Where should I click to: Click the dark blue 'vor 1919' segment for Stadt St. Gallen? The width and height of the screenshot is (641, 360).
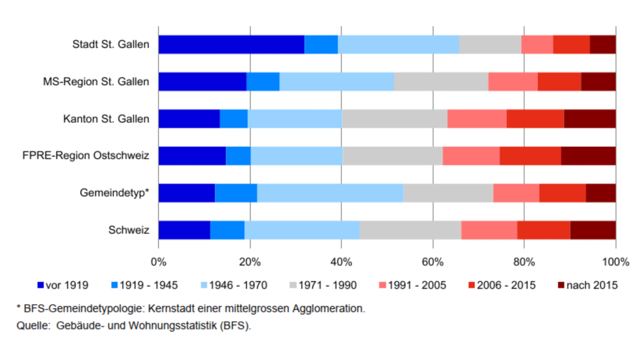[231, 45]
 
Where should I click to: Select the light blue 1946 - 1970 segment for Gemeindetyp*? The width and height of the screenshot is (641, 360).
[330, 193]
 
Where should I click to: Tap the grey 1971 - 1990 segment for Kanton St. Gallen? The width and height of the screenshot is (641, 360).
[394, 119]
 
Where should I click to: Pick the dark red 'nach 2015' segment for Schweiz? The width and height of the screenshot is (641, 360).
[593, 230]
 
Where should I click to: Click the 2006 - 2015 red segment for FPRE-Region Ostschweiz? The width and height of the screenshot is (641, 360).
[530, 156]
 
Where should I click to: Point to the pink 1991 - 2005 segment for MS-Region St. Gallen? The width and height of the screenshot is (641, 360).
[513, 82]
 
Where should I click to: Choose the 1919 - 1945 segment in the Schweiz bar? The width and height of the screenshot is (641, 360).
[227, 230]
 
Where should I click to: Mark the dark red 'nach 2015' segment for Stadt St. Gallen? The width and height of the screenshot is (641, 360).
[603, 45]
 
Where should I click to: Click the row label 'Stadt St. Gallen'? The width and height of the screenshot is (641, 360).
[111, 45]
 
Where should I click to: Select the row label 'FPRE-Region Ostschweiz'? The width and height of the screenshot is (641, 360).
[96, 156]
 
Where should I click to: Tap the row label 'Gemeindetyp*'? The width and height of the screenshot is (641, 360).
[115, 193]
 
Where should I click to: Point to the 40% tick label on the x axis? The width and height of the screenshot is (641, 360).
[341, 261]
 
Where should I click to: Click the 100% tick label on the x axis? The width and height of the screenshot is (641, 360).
[616, 261]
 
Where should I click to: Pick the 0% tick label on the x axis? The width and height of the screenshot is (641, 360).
[158, 261]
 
